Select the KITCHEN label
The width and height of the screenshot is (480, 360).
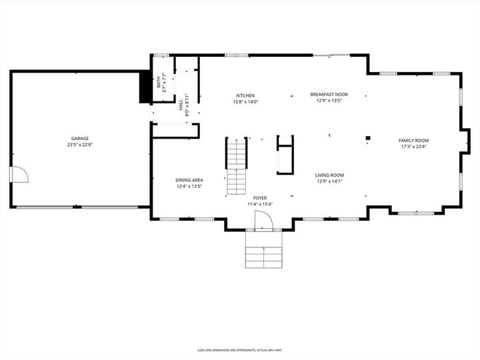pyautogui.click(x=245, y=95)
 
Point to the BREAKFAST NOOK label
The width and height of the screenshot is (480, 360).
pyautogui.click(x=329, y=95)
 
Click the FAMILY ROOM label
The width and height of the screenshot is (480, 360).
pyautogui.click(x=413, y=140)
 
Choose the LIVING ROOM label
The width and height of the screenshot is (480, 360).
pyautogui.click(x=329, y=175)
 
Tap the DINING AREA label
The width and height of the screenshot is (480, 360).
pyautogui.click(x=189, y=180)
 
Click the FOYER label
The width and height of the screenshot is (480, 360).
pyautogui.click(x=259, y=197)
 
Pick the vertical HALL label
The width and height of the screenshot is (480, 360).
pyautogui.click(x=181, y=105)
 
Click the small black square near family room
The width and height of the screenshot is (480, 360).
pyautogui.click(x=367, y=139)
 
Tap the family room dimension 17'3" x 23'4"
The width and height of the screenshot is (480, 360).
pyautogui.click(x=413, y=147)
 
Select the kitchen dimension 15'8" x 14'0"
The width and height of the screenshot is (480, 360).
pyautogui.click(x=245, y=102)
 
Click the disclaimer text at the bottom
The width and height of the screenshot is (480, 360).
pyautogui.click(x=239, y=349)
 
